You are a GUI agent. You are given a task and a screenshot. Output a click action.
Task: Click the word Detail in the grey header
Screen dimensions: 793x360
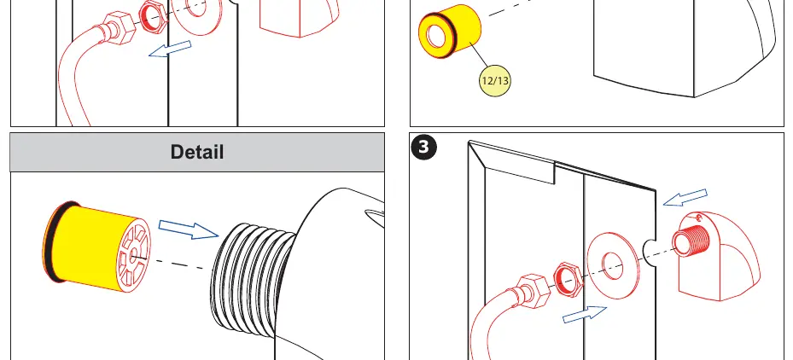pyautogui.click(x=196, y=152)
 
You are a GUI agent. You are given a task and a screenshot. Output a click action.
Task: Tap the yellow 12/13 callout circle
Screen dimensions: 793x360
pyautogui.click(x=495, y=80)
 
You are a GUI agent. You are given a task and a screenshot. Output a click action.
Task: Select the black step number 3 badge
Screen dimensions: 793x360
pyautogui.click(x=423, y=147)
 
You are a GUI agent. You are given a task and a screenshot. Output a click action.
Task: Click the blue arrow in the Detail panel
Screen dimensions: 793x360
pyautogui.click(x=188, y=229)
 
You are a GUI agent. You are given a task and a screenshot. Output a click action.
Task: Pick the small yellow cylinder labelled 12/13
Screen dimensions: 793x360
pyautogui.click(x=450, y=32)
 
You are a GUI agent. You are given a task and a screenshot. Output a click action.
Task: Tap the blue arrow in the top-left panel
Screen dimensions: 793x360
pyautogui.click(x=170, y=49)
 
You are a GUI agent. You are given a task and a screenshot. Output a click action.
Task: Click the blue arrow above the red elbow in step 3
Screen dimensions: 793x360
pyautogui.click(x=685, y=197)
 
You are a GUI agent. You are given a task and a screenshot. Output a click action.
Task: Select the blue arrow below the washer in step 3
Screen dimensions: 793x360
pyautogui.click(x=585, y=315)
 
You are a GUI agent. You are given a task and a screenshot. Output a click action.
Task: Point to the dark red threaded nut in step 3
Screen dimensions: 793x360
pyautogui.click(x=569, y=278)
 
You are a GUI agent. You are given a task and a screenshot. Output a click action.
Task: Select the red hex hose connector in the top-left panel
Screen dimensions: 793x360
pyautogui.click(x=119, y=28)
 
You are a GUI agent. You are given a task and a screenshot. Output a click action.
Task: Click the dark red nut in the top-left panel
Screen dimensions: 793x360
pyautogui.click(x=154, y=16)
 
